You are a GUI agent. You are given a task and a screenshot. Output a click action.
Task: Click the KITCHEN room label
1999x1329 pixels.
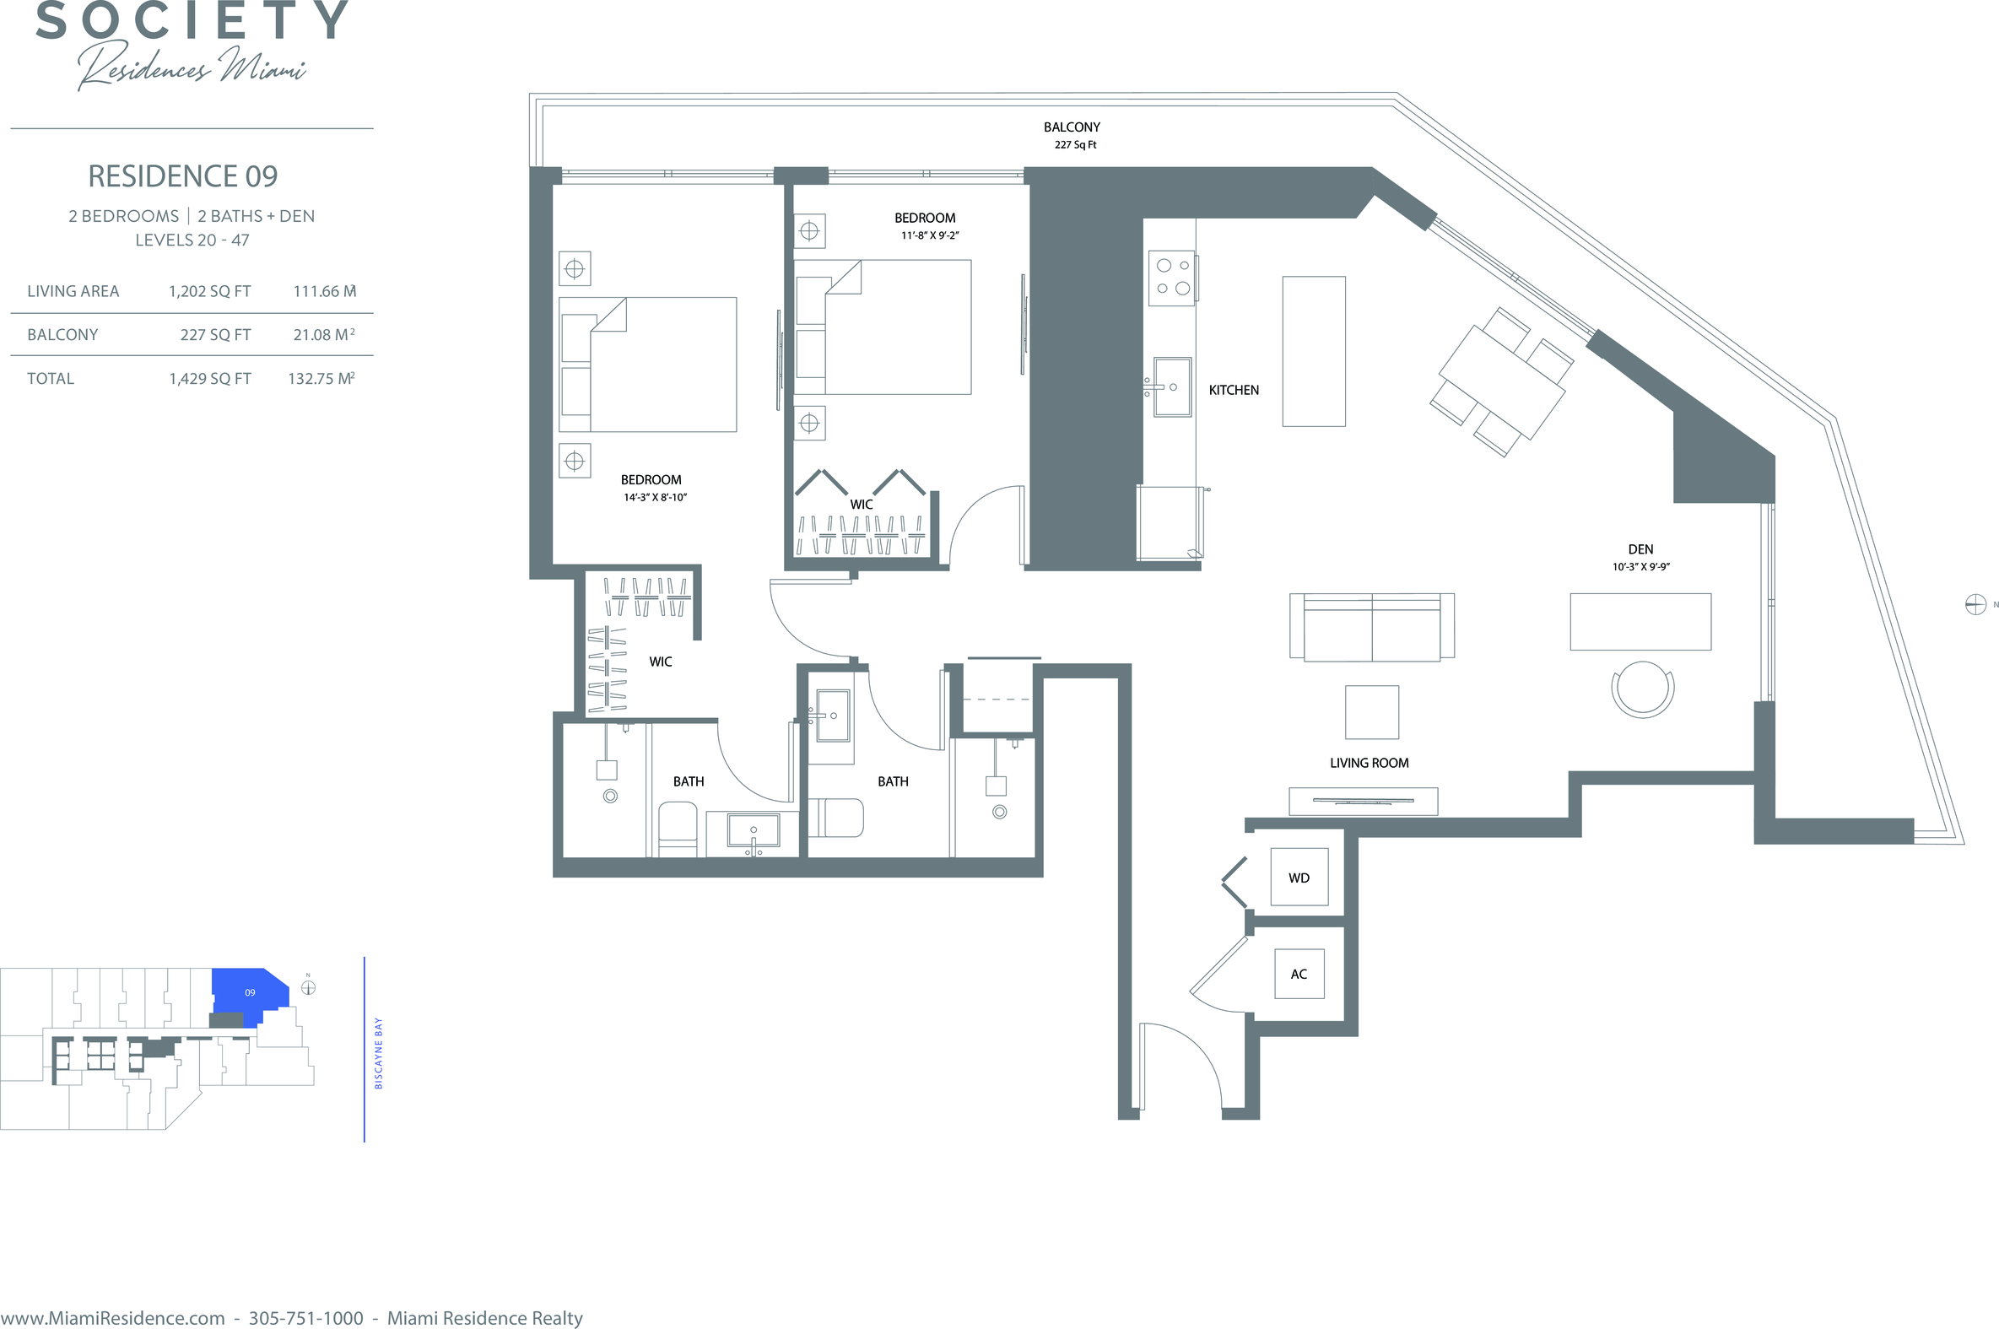[1233, 390]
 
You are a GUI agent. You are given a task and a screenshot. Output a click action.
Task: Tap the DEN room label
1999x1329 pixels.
[1640, 549]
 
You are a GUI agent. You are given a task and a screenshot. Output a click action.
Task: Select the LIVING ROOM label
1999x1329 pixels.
[1369, 763]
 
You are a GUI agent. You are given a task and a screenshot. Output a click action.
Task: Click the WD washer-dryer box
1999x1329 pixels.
[1299, 878]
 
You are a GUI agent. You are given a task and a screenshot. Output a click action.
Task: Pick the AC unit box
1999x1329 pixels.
[1299, 974]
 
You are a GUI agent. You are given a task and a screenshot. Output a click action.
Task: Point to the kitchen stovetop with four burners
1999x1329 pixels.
[1172, 277]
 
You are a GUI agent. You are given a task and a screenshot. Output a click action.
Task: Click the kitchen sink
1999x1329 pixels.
[1172, 386]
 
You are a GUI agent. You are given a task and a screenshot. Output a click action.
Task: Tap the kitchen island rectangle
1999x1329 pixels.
[1314, 351]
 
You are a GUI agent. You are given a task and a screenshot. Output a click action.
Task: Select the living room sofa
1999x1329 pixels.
[1372, 627]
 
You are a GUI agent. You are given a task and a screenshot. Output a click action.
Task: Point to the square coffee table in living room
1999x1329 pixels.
[1372, 712]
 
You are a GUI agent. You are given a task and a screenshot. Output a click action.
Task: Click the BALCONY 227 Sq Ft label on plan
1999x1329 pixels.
[1072, 135]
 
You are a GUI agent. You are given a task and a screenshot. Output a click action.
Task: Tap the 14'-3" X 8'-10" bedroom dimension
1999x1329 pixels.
[655, 498]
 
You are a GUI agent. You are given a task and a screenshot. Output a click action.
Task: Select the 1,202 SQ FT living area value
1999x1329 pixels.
[209, 292]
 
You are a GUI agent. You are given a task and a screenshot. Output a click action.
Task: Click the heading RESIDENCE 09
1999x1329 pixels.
[183, 176]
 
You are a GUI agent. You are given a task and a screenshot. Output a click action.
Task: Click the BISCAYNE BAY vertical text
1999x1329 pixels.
[378, 1054]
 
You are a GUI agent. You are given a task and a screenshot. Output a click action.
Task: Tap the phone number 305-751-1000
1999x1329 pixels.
[306, 1318]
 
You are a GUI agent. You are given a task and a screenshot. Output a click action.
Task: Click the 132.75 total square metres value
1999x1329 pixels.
[321, 379]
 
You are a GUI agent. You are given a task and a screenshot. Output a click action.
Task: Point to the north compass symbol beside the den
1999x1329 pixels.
[1975, 604]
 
